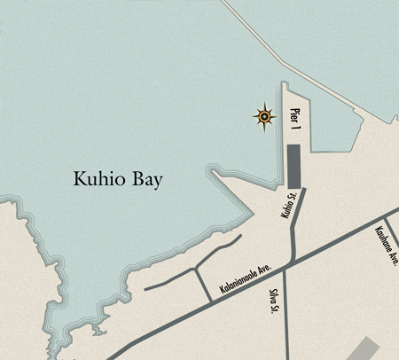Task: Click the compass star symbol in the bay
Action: point(264,115)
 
